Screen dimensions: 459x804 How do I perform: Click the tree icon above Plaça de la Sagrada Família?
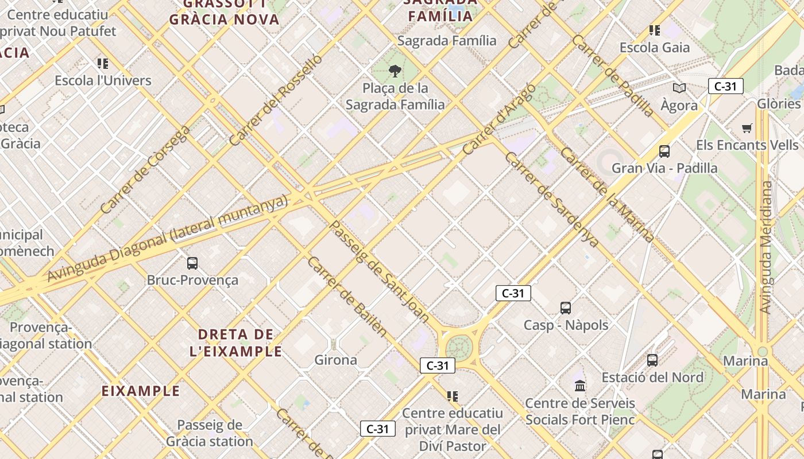395,71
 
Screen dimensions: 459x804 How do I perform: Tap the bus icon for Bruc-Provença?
192,263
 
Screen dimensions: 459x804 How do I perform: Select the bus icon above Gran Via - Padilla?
664,151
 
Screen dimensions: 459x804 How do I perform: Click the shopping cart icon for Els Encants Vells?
747,128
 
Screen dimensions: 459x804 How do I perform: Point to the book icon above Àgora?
679,88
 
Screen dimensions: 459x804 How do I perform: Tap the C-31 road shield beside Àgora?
726,87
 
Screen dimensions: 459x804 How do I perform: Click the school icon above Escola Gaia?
654,30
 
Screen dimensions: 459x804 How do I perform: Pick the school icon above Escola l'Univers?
103,63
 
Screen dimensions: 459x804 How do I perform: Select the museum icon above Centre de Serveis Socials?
580,386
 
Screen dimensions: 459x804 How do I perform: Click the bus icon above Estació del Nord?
652,360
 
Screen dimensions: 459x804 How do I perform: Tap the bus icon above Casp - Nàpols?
566,308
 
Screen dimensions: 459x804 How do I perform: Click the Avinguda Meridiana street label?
766,247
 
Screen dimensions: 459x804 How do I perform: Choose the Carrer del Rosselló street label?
276,100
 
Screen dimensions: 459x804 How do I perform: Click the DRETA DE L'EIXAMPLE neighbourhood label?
236,343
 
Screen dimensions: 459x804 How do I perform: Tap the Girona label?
336,360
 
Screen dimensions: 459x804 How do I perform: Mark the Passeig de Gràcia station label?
210,433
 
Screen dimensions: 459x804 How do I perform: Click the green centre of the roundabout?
458,347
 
